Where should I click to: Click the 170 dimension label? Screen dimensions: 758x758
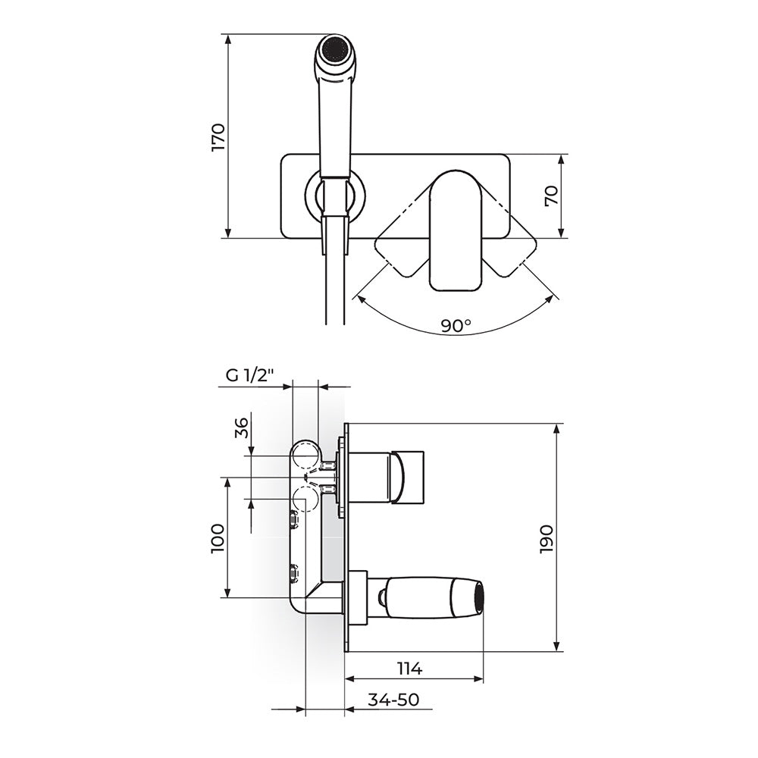[218, 137]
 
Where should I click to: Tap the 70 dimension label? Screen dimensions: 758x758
[552, 196]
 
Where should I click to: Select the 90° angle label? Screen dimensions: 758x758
[456, 325]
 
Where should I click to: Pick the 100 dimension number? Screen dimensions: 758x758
[218, 538]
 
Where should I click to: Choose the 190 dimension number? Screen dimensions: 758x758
[547, 538]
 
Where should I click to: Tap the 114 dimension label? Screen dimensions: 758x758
[409, 669]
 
